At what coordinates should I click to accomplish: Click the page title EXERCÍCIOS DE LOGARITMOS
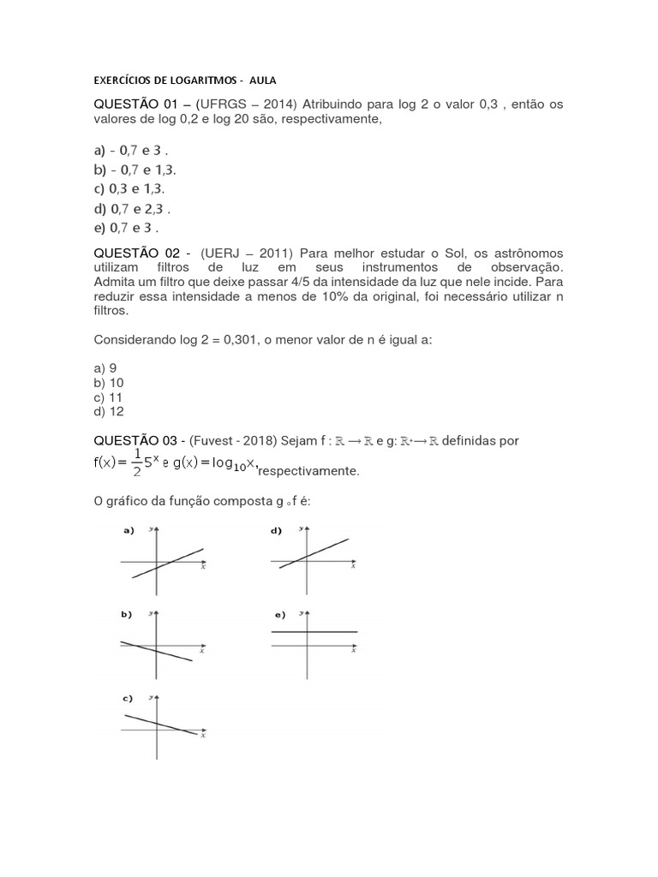coord(168,81)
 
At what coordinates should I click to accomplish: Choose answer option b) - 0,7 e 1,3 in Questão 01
coord(135,169)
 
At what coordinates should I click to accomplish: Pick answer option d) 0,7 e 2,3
coord(133,208)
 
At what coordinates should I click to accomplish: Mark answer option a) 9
coord(105,368)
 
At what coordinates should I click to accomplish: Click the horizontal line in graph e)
coord(314,631)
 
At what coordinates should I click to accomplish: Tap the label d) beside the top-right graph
coord(277,531)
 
